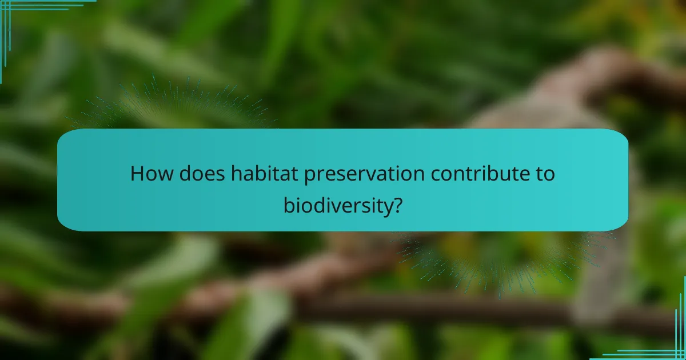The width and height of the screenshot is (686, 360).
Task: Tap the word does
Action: click(200, 173)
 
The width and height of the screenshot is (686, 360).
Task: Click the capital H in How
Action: click(137, 173)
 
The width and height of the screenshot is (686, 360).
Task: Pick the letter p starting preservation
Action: click(309, 176)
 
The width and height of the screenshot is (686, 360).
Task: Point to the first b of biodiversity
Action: click(289, 203)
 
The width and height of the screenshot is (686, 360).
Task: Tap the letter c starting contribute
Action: click(436, 174)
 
